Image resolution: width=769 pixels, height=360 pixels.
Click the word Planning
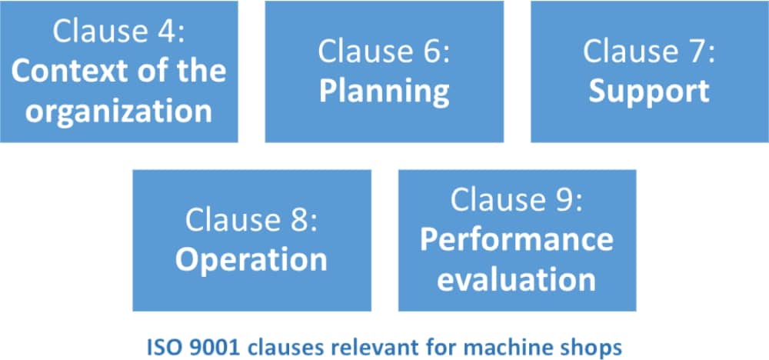(x=384, y=92)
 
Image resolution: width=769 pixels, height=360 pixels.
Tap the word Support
(x=648, y=92)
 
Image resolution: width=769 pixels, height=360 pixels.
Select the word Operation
(x=251, y=259)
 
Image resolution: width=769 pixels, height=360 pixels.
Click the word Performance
(x=517, y=239)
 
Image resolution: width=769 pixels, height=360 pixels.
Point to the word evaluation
(x=517, y=279)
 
